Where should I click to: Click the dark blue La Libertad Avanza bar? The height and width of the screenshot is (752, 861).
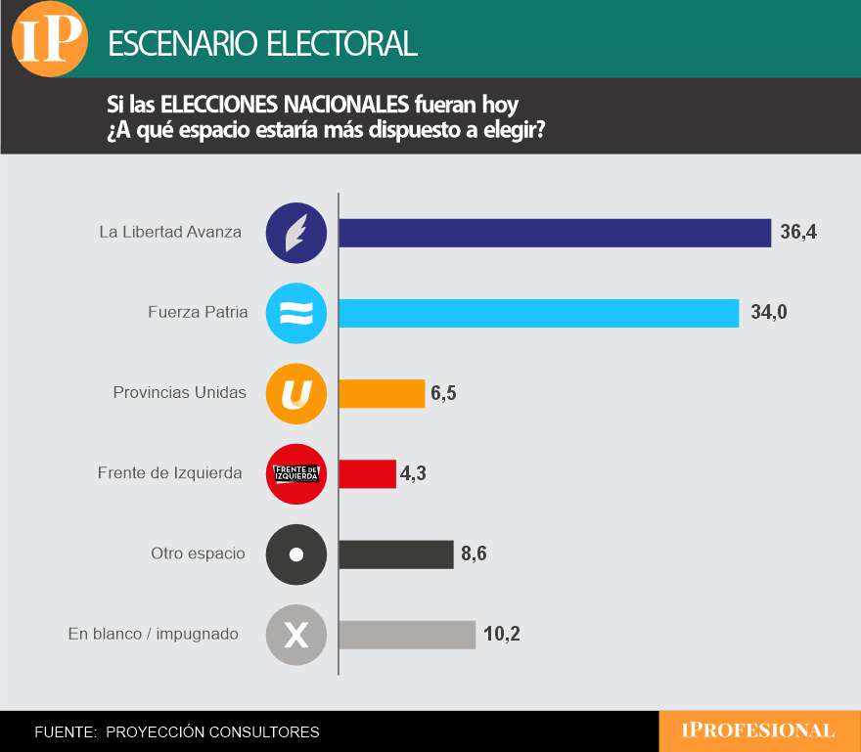pos(555,233)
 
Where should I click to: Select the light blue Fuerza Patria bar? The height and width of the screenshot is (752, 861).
pos(538,313)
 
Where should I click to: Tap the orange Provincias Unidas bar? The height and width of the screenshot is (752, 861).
pos(382,393)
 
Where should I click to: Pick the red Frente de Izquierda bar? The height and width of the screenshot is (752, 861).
pos(367,474)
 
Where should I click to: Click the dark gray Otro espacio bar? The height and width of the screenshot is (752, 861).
pos(395,554)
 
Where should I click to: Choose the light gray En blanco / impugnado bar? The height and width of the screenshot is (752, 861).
pos(407,635)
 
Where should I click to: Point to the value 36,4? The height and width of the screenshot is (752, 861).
pos(798,233)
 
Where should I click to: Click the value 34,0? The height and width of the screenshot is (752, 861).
pos(769,313)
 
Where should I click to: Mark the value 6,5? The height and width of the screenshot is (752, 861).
pos(443,393)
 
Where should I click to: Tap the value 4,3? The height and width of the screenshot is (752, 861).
pos(414,474)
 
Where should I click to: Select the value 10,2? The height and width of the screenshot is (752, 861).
pos(501,635)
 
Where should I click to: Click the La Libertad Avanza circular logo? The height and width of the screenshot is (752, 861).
pos(295,233)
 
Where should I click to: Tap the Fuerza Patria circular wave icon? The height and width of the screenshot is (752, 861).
pos(295,313)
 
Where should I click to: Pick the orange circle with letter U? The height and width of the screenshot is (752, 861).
pos(295,393)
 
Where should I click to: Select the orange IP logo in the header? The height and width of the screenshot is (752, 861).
pos(49,39)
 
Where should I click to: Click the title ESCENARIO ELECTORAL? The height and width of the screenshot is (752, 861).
pos(262,43)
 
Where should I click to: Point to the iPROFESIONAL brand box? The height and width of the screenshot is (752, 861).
pos(759,730)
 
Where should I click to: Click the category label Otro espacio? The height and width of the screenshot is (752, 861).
pos(198,553)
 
